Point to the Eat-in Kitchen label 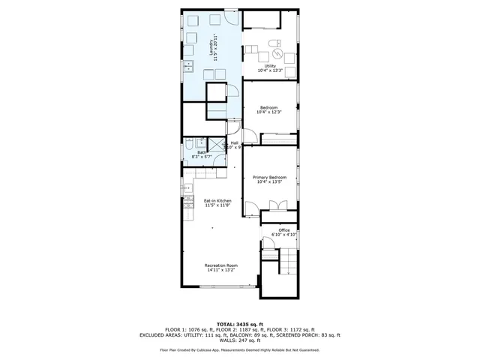tap(218, 200)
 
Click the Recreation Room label tap(221, 265)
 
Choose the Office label tap(283, 229)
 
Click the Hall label tap(234, 142)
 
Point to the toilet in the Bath tap(190, 144)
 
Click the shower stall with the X tap(217, 145)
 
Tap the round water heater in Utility tap(276, 54)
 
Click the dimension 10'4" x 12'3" tap(269, 112)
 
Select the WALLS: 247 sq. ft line tap(239, 340)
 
